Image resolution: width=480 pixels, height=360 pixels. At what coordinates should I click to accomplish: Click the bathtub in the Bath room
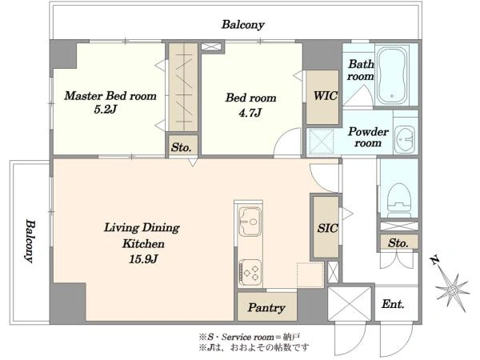[392, 76]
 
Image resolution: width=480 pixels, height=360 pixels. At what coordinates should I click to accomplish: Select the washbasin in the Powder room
[405, 139]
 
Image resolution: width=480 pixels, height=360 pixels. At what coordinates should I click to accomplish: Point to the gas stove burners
[250, 273]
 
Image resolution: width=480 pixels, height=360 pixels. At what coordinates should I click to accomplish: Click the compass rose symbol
[453, 290]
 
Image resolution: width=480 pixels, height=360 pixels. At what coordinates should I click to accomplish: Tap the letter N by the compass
[434, 261]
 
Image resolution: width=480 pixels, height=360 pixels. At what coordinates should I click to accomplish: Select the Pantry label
[266, 307]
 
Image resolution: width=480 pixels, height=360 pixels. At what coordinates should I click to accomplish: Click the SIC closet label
[327, 228]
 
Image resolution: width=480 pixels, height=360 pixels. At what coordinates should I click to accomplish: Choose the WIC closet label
[326, 96]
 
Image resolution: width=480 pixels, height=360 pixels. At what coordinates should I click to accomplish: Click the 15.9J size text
[143, 259]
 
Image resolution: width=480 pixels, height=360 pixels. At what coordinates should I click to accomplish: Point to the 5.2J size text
[106, 110]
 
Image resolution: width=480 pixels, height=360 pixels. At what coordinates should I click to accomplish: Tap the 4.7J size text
[250, 113]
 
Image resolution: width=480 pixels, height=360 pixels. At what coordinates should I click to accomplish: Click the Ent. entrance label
[393, 304]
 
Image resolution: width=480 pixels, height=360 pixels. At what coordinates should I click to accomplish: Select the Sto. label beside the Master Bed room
[182, 147]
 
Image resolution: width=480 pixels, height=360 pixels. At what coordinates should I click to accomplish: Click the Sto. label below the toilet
[398, 243]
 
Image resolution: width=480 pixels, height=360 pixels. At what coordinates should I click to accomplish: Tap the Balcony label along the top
[243, 25]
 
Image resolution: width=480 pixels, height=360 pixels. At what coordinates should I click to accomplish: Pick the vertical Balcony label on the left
[30, 241]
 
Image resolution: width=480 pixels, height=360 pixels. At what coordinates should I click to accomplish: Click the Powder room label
[368, 137]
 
